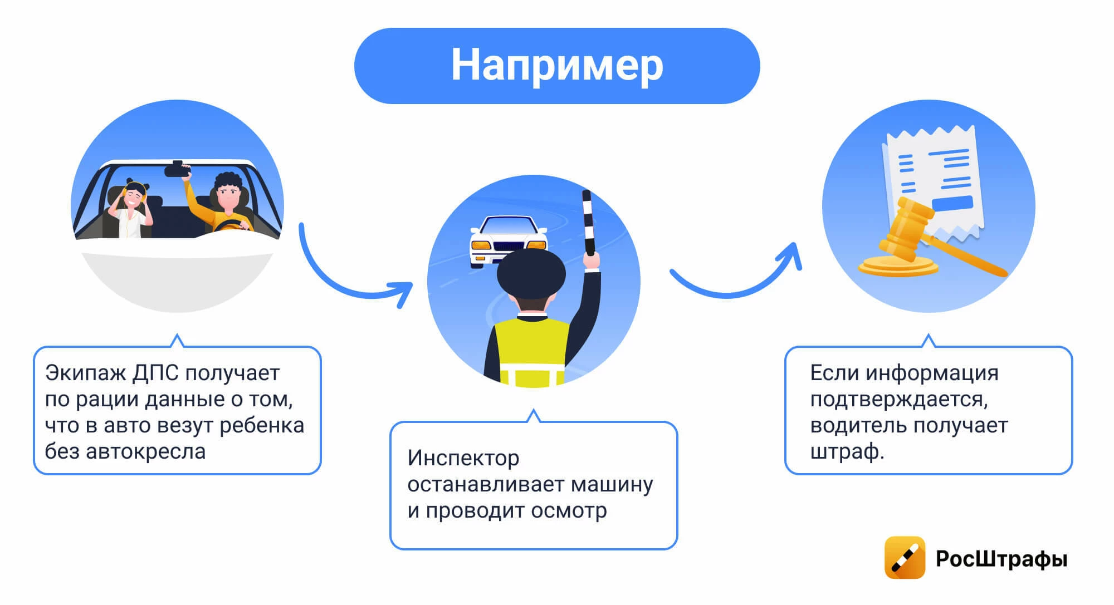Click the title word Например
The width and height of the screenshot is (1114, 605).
(x=557, y=66)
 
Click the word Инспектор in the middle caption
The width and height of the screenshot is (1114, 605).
(x=463, y=458)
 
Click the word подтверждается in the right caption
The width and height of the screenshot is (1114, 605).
(x=899, y=400)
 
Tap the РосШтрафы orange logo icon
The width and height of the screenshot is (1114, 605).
(x=905, y=558)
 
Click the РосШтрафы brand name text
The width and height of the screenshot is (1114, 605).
(x=1001, y=559)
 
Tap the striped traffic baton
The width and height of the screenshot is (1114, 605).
(x=588, y=223)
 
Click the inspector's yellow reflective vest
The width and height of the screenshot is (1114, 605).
(x=532, y=351)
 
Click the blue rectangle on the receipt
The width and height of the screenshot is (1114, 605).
(x=952, y=204)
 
